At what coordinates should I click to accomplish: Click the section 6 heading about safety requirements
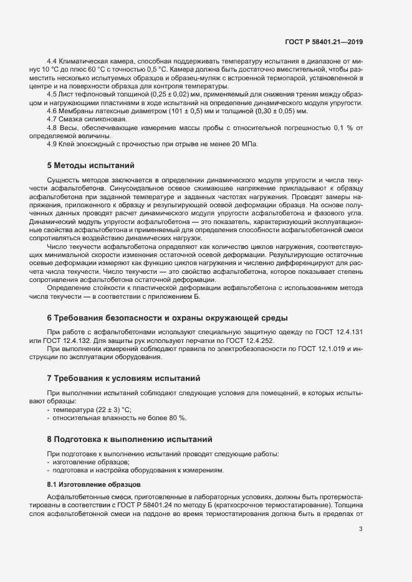pos(166,318)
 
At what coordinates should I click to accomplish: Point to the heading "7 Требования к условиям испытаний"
pos(125,378)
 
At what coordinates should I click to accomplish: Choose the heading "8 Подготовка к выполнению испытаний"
pos(130,439)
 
